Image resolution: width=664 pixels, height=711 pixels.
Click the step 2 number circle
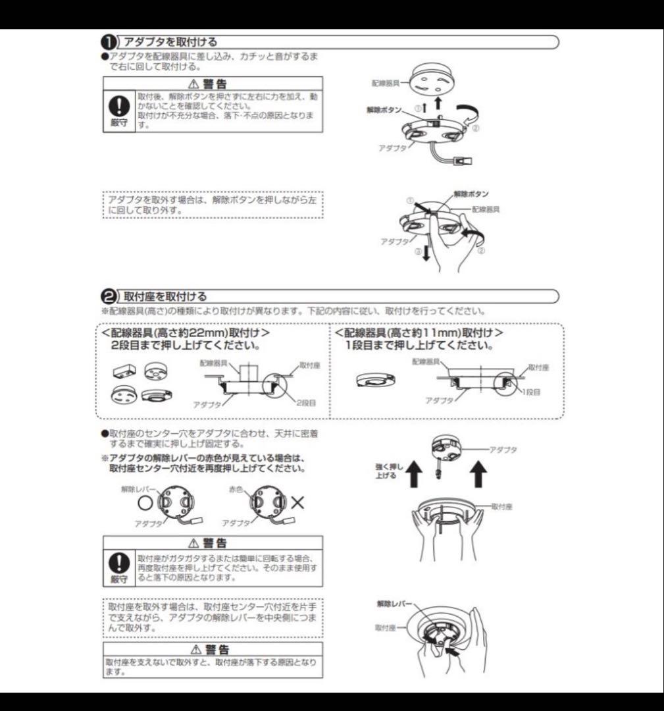109,296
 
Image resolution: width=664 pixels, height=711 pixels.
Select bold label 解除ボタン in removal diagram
471,195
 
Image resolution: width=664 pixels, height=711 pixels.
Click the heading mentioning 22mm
186,334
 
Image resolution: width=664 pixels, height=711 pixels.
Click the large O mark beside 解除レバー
145,503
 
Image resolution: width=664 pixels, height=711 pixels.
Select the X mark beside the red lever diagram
297,503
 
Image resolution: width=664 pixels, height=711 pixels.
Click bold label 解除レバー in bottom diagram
394,603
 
